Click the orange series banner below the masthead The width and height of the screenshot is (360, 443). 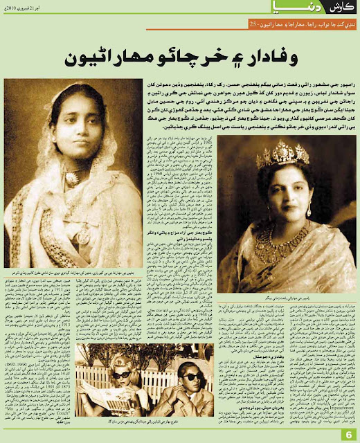click(291, 26)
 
